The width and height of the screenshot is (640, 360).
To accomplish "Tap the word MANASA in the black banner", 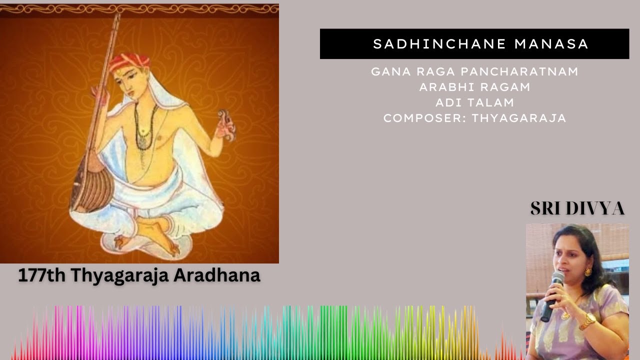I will pyautogui.click(x=551, y=44).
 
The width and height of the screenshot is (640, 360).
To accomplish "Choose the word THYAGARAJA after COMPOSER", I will pyautogui.click(x=519, y=118).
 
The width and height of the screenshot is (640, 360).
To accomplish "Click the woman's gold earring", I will pyautogui.click(x=587, y=272).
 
